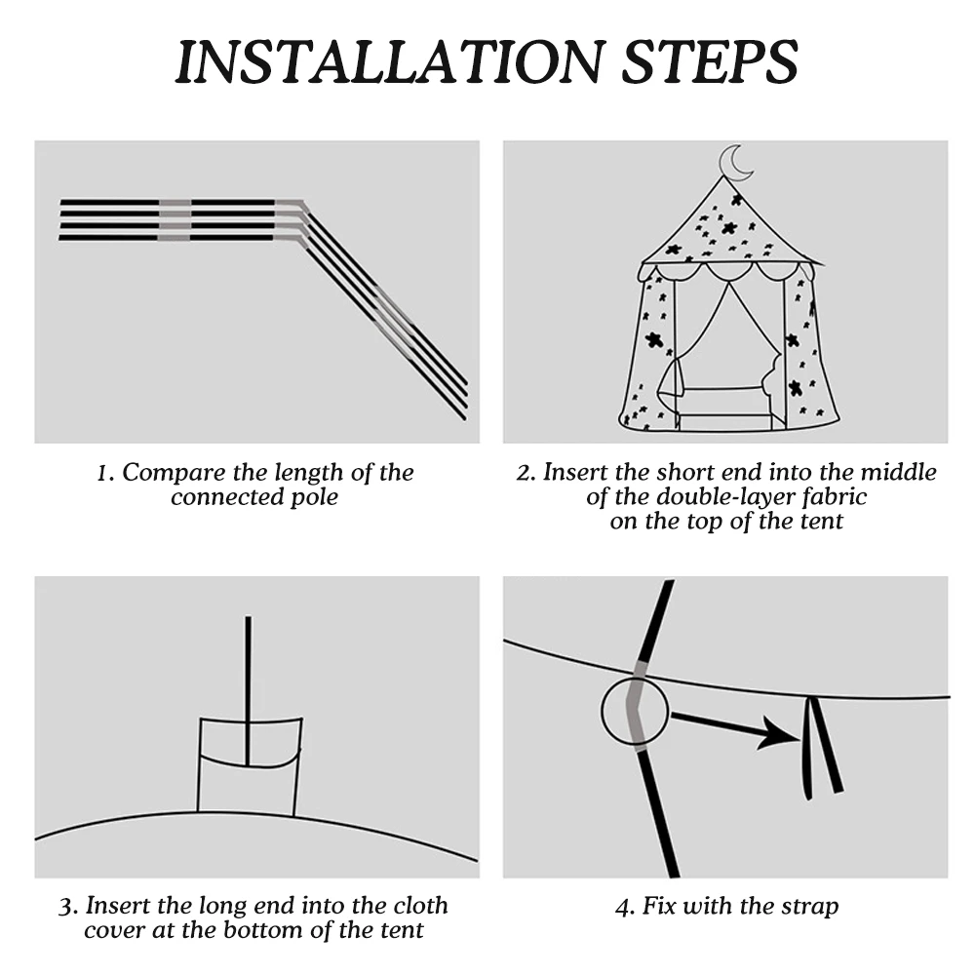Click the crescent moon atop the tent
(736, 163)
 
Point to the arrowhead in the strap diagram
(781, 733)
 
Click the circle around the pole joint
(635, 713)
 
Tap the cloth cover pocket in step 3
(249, 766)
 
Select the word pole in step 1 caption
(314, 497)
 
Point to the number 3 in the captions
(65, 907)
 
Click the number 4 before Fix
(622, 907)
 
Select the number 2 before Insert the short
(524, 473)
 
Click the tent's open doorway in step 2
(726, 361)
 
